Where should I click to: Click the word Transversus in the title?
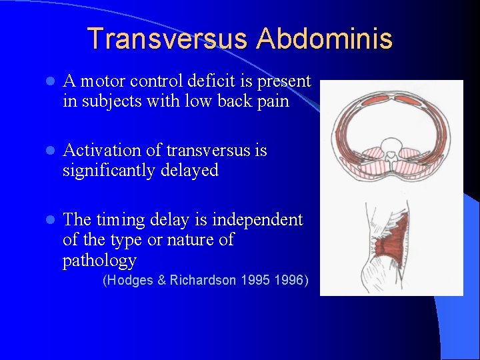point(167,39)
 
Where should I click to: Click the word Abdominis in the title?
point(325,39)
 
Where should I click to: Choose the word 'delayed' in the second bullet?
point(194,171)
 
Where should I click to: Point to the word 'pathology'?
point(99,261)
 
